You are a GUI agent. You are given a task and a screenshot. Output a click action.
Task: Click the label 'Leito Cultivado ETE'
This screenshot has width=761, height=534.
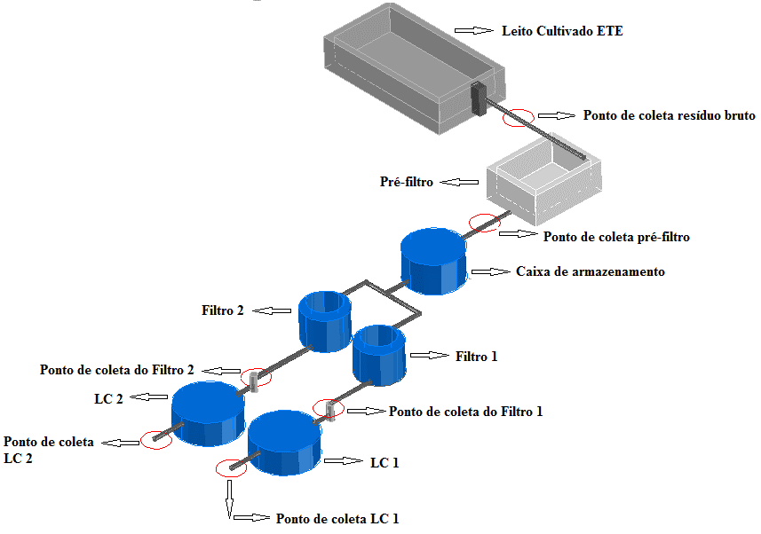(561, 31)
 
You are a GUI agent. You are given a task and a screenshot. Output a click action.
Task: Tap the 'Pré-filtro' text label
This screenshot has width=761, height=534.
(406, 183)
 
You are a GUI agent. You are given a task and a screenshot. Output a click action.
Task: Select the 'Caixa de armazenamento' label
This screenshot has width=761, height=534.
(590, 271)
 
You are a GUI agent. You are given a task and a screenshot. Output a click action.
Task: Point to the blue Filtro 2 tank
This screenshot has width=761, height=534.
(325, 320)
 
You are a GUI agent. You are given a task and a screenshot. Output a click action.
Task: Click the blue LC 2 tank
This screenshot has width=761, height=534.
(208, 413)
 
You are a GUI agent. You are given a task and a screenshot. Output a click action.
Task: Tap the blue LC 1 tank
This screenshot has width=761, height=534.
(285, 443)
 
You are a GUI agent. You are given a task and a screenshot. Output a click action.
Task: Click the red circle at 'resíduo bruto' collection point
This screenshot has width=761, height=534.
(519, 116)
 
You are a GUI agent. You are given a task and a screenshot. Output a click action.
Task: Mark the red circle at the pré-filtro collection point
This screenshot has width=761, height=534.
(484, 223)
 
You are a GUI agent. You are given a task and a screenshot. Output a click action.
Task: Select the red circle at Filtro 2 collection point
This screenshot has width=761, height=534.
(256, 377)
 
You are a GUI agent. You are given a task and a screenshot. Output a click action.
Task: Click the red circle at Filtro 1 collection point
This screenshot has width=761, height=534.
(328, 408)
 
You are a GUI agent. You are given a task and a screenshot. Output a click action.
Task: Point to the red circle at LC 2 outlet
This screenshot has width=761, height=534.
(155, 439)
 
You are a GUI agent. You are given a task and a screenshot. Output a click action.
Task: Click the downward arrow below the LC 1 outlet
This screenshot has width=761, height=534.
(230, 499)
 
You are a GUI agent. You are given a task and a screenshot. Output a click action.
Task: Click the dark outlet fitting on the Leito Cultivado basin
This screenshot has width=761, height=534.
(479, 98)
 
